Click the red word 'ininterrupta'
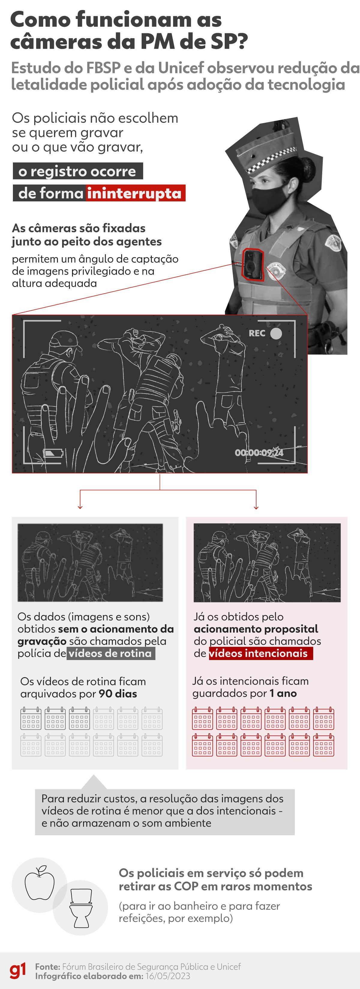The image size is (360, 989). click(x=134, y=193)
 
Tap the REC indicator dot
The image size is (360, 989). click(x=276, y=333)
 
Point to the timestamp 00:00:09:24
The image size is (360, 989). click(x=259, y=453)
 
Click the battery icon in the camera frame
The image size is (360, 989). click(x=52, y=454)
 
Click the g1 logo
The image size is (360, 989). click(x=18, y=970)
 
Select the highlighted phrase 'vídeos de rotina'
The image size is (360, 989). click(x=110, y=653)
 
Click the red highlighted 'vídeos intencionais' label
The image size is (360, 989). click(x=259, y=653)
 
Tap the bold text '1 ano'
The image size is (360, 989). click(x=283, y=693)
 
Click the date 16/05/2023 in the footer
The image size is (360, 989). click(x=168, y=975)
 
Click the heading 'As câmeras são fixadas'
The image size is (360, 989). click(x=79, y=228)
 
